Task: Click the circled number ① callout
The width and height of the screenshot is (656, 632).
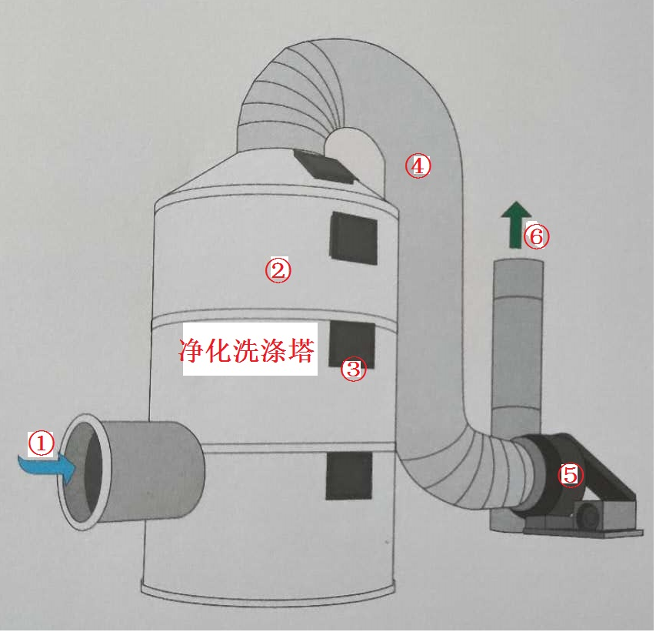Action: (42, 443)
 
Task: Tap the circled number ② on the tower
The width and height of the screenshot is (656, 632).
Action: (278, 269)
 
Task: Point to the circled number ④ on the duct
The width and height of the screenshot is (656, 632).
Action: (418, 166)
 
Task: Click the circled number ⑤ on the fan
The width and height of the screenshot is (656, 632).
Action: (570, 474)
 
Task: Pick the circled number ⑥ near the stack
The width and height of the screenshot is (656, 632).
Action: (537, 236)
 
